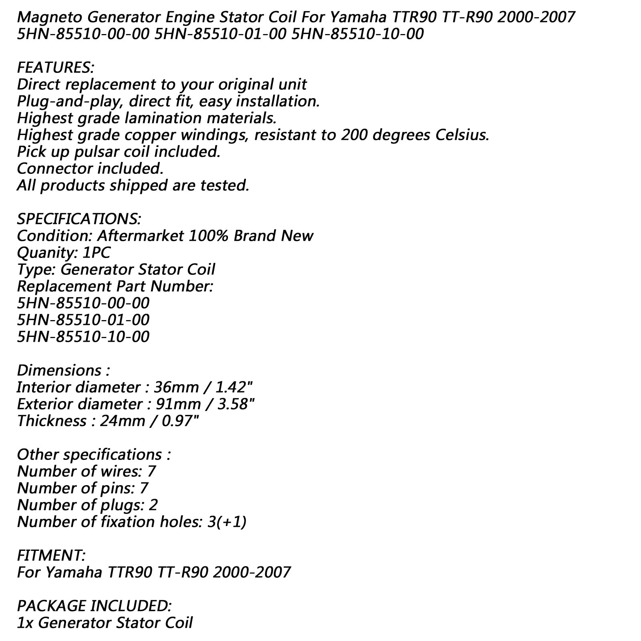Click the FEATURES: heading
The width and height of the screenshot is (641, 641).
[56, 67]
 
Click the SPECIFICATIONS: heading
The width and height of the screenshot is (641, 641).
[79, 219]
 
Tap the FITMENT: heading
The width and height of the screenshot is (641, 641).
[51, 555]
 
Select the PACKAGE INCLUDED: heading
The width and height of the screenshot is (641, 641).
[95, 606]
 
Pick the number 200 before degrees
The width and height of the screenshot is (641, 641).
[355, 135]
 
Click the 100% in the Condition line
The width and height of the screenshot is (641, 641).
[207, 236]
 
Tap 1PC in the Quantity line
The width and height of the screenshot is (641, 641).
[98, 253]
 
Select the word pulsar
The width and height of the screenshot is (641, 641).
[97, 152]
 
